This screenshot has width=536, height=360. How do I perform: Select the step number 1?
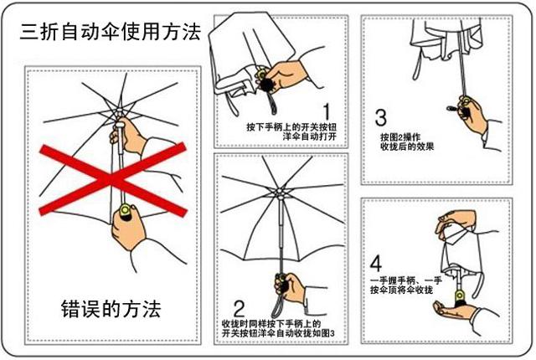coord(326,111)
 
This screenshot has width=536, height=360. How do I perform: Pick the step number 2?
coord(239,307)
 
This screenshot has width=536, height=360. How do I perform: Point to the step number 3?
coord(381,117)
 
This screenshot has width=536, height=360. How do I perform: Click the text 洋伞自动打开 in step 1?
coord(290,137)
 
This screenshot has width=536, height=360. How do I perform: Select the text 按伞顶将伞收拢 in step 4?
coord(409,289)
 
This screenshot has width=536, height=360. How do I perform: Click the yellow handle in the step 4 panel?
coord(460,298)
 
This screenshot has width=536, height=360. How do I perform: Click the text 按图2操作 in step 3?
coord(399,136)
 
